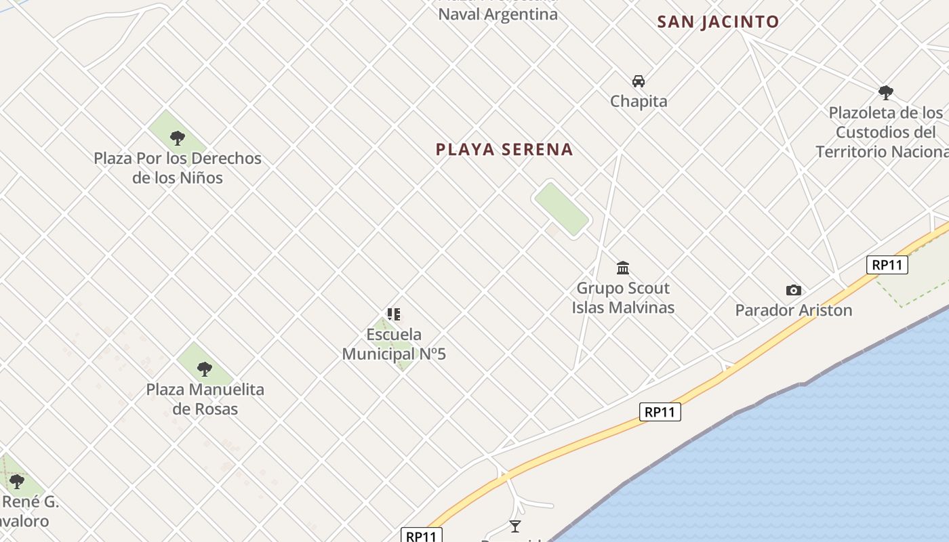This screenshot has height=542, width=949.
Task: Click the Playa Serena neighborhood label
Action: (504, 150)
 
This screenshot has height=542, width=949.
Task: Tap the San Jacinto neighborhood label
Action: (718, 22)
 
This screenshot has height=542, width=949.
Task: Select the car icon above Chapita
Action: (639, 81)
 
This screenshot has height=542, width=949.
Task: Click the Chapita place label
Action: (639, 102)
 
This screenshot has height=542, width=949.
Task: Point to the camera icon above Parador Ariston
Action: (793, 291)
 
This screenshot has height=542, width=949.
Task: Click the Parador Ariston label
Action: (793, 310)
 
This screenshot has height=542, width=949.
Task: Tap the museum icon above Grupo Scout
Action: (623, 268)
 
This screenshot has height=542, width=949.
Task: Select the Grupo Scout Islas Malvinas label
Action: (623, 297)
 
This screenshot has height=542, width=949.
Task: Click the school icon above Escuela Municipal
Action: (394, 314)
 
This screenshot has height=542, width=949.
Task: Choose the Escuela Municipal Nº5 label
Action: (394, 344)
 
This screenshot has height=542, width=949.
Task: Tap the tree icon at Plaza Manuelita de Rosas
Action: (205, 369)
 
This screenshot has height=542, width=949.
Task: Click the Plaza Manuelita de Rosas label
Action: (205, 399)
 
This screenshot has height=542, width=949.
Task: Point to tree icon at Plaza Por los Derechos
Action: (178, 138)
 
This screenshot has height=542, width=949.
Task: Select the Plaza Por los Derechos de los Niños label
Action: (178, 168)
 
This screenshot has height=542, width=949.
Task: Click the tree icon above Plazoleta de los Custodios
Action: (885, 92)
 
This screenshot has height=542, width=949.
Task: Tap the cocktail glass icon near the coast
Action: (515, 526)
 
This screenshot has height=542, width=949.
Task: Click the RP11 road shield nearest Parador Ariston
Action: (887, 265)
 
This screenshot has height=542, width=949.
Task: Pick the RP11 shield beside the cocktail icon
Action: (421, 536)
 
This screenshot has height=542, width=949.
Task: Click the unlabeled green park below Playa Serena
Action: (561, 209)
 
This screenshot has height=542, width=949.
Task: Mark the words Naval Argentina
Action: (498, 14)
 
